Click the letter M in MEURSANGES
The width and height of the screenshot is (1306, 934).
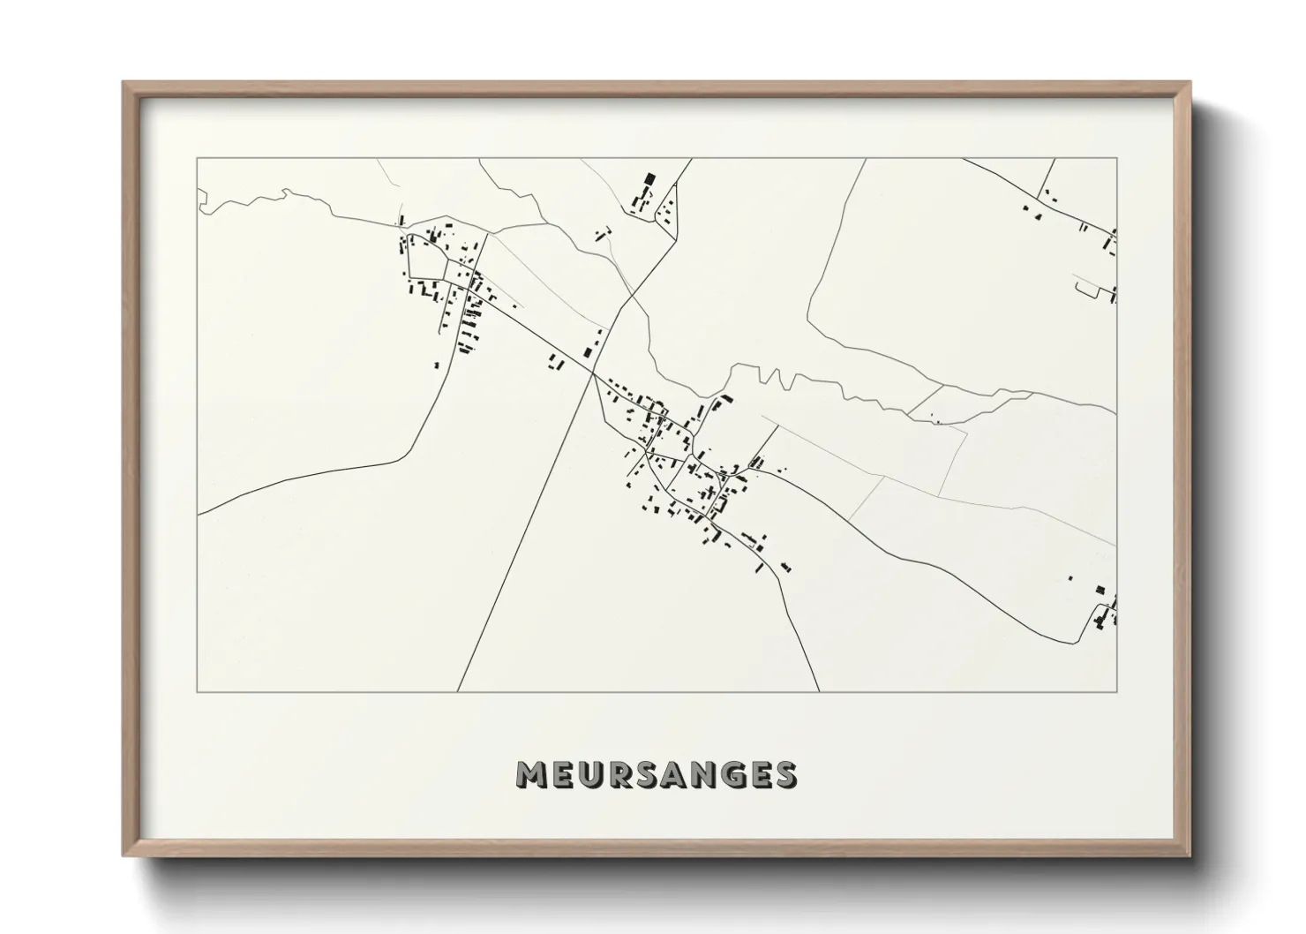[532, 774]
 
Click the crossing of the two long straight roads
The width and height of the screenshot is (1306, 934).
[592, 374]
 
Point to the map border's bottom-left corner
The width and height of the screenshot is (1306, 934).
[198, 691]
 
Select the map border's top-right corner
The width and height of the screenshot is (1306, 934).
[1117, 159]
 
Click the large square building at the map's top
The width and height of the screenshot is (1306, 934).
[650, 179]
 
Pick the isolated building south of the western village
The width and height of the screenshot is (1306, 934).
[435, 364]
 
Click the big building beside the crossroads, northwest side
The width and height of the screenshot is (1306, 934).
[588, 352]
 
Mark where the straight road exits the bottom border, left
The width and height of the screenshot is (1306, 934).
[457, 691]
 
